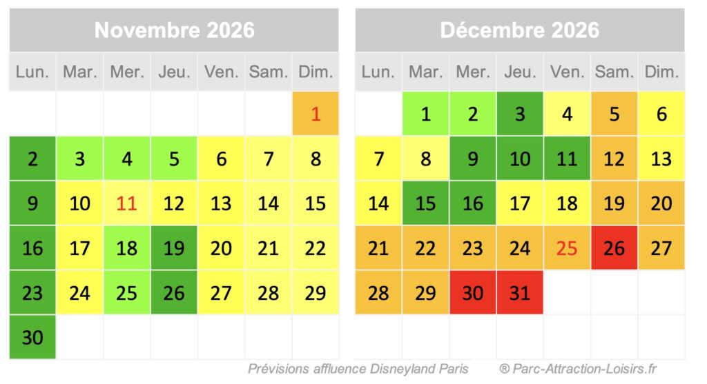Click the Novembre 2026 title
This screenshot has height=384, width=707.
(174, 30)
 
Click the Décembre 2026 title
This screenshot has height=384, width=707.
(519, 30)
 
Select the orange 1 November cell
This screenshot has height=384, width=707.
(316, 114)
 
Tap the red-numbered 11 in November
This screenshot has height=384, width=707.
(127, 203)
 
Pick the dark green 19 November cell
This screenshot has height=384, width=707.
(174, 248)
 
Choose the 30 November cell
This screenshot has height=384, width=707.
(32, 337)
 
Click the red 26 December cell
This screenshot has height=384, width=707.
(614, 248)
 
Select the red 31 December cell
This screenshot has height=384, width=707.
(519, 292)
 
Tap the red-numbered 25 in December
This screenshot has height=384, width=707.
(567, 248)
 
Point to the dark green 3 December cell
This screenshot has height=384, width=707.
(519, 114)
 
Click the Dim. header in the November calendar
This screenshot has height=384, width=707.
(316, 72)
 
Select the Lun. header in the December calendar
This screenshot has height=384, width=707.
(378, 72)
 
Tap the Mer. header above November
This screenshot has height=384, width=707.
(127, 72)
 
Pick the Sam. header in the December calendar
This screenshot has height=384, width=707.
(614, 72)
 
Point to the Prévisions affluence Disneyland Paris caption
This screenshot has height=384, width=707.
(358, 369)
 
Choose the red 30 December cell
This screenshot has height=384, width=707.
(472, 292)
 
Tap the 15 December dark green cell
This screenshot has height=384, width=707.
(425, 203)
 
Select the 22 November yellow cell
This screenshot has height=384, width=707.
(316, 248)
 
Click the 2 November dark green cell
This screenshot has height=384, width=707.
(32, 159)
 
